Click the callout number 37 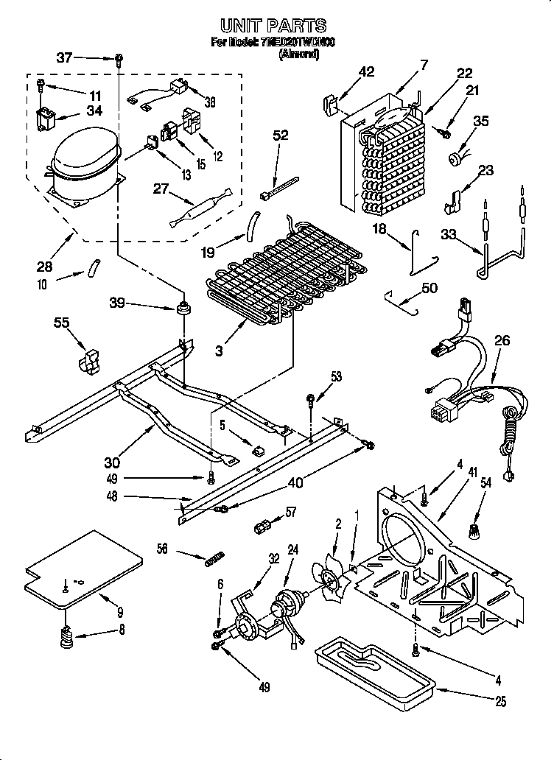[65, 57]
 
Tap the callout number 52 [281, 136]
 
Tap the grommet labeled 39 [181, 305]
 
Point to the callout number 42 [366, 71]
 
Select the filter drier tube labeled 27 [200, 208]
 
